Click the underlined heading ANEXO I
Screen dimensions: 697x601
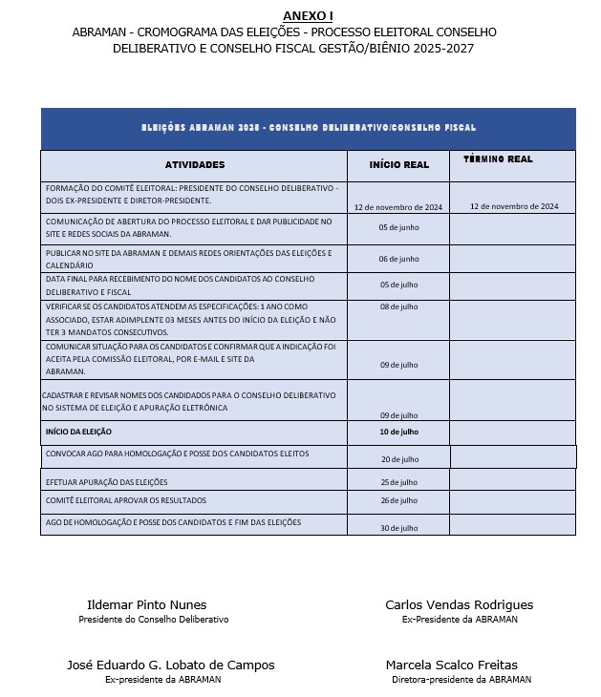(308, 15)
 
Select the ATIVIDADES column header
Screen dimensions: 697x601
(194, 165)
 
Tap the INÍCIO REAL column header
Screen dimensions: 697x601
(398, 165)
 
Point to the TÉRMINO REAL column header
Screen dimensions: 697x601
(498, 159)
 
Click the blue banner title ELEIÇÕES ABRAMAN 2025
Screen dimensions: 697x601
(308, 128)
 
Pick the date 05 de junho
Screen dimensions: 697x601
(398, 227)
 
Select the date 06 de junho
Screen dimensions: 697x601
(398, 259)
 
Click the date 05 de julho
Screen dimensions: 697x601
(398, 285)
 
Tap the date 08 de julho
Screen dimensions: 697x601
(398, 306)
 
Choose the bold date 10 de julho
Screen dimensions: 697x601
(398, 433)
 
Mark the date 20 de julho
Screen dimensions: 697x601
(398, 459)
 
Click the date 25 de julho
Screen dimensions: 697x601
(398, 482)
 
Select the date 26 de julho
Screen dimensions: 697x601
(398, 500)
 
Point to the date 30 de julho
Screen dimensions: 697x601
(398, 528)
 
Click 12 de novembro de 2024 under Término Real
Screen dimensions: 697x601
(514, 206)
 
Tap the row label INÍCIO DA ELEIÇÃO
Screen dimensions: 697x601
(78, 432)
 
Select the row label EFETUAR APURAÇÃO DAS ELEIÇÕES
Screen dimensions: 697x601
(106, 482)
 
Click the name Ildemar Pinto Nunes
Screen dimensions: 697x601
(146, 605)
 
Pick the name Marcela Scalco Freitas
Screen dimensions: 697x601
(452, 665)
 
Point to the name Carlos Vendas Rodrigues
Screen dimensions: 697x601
(459, 605)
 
